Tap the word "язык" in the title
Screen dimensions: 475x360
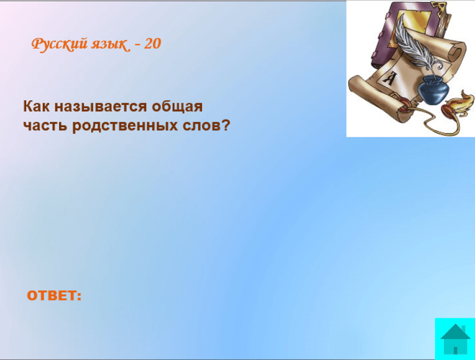click(x=110, y=44)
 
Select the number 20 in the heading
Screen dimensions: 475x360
click(x=152, y=44)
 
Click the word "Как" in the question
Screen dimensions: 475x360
click(x=36, y=106)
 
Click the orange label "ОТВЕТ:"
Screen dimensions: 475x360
click(x=54, y=295)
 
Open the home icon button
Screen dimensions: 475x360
click(x=455, y=339)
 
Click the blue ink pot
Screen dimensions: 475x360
click(x=433, y=90)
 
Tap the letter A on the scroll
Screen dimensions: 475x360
click(x=389, y=79)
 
